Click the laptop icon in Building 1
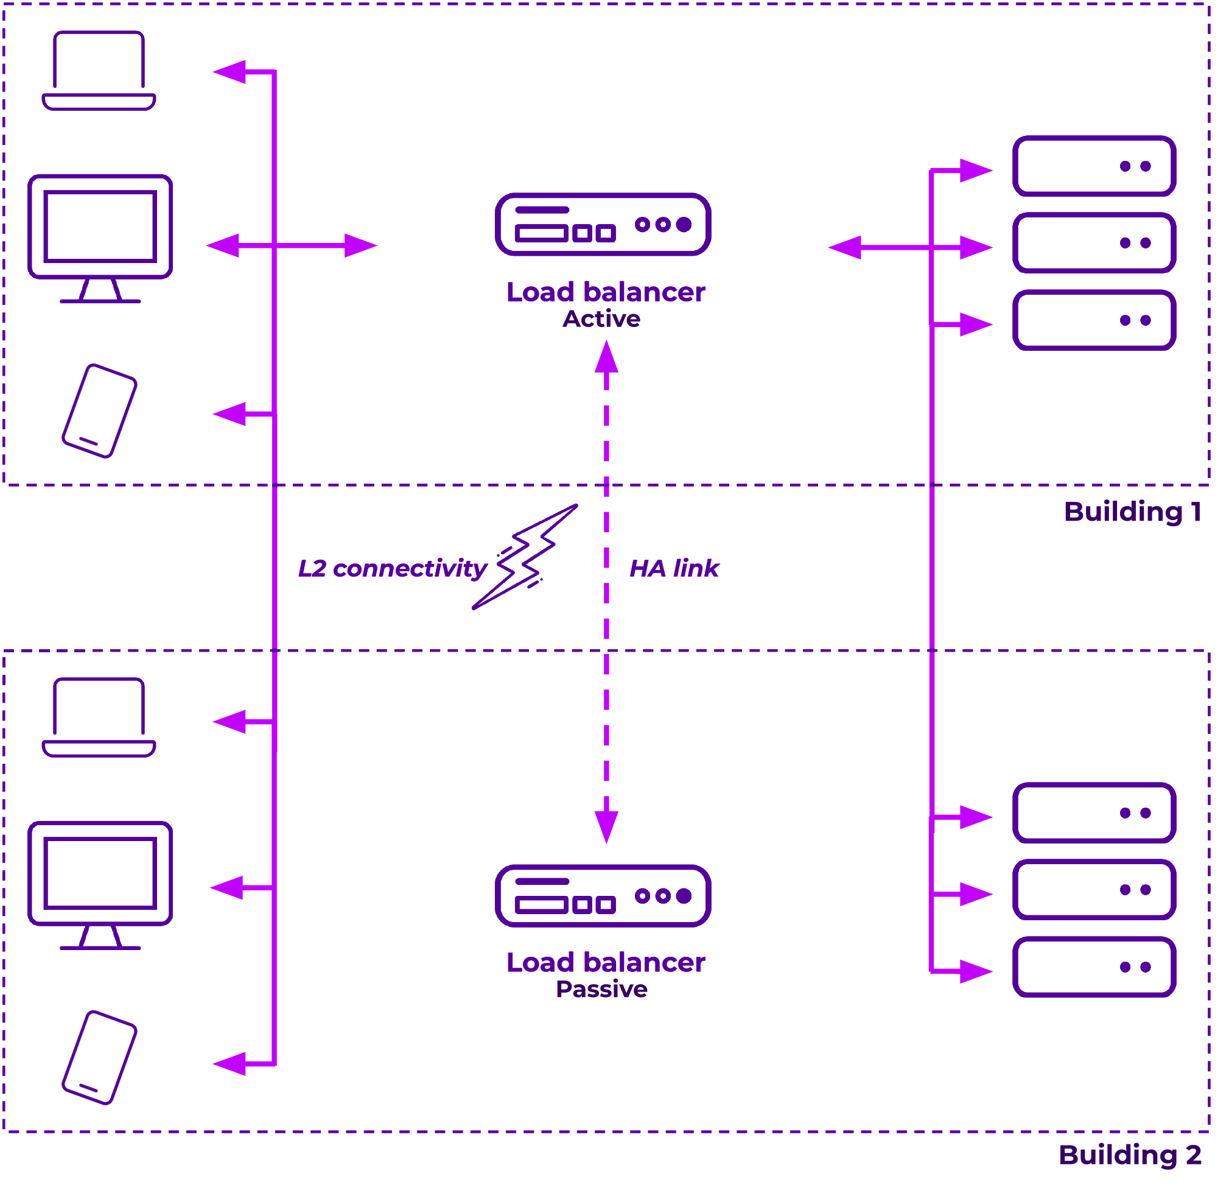[x=99, y=71]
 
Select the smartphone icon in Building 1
[x=100, y=410]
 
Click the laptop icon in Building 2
[x=99, y=717]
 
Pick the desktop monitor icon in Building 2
[x=100, y=884]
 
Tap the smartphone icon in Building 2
[x=100, y=1058]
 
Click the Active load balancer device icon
[x=603, y=225]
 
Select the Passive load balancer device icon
[x=603, y=896]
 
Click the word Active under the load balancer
[x=601, y=319]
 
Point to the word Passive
[x=601, y=990]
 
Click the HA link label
[x=674, y=568]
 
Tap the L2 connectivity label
[x=392, y=568]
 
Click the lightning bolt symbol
[x=525, y=557]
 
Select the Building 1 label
[x=1132, y=512]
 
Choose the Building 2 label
[x=1130, y=1155]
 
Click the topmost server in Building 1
[x=1094, y=166]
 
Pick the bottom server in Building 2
[x=1094, y=967]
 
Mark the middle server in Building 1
[x=1094, y=243]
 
